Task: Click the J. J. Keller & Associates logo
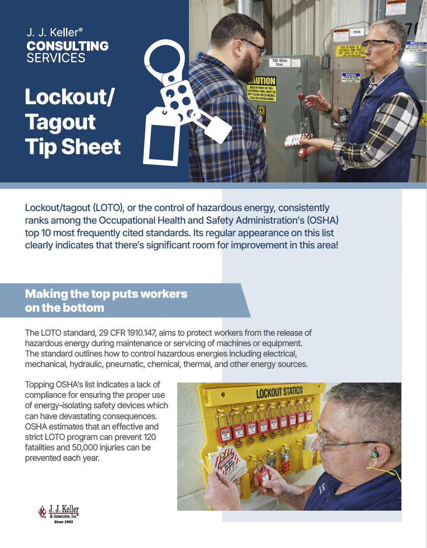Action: click(x=59, y=513)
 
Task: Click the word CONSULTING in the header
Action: click(x=67, y=46)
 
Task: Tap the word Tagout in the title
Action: click(x=60, y=122)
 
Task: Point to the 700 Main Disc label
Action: click(x=279, y=63)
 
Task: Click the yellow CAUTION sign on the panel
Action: click(x=262, y=89)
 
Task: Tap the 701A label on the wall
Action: click(x=356, y=32)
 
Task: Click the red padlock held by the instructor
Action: click(x=301, y=151)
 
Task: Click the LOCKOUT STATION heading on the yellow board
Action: click(x=279, y=392)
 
